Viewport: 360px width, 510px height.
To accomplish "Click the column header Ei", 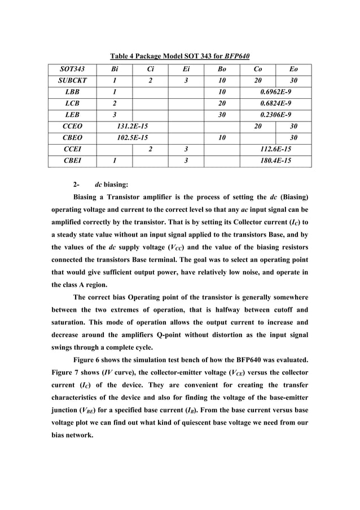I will [x=186, y=69].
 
